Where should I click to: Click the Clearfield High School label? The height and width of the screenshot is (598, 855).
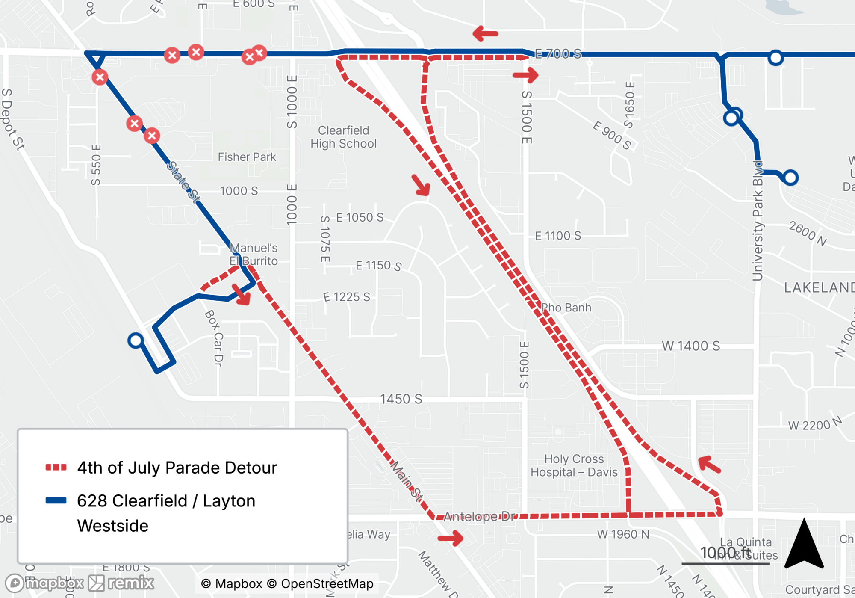click(344, 137)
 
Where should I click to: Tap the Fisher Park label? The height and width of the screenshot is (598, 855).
click(247, 157)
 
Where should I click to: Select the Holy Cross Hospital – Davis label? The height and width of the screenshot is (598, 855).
click(574, 465)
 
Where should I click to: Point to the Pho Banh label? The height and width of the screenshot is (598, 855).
click(566, 308)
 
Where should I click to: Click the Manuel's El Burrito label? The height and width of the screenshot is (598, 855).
click(254, 254)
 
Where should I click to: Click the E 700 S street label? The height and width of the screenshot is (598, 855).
click(558, 53)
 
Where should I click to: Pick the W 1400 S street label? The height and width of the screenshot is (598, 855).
click(690, 346)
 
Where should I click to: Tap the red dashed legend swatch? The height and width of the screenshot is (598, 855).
click(56, 468)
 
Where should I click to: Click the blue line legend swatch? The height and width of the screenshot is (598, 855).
click(56, 500)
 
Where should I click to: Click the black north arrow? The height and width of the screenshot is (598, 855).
click(804, 545)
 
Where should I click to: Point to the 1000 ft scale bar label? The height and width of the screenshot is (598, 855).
click(725, 553)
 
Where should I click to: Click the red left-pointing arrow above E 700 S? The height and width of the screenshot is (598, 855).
click(486, 33)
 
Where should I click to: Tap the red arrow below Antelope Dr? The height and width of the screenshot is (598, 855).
click(451, 538)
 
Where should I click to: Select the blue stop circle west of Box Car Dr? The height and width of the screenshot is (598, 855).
click(136, 340)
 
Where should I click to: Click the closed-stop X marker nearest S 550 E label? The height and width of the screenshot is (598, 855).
click(100, 77)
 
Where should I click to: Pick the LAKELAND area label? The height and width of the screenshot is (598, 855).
click(819, 287)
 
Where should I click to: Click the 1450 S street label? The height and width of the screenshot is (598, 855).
click(401, 399)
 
